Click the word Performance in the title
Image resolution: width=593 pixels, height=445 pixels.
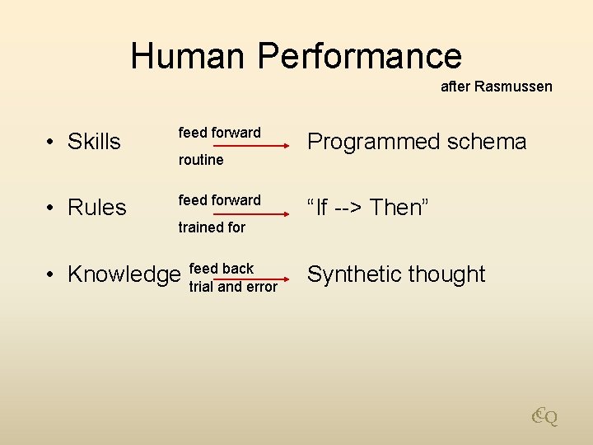359,56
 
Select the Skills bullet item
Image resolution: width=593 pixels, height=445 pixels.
93,142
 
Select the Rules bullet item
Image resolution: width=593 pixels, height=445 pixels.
96,208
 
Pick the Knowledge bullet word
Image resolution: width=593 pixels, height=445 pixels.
124,274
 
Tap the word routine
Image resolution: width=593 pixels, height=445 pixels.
201,160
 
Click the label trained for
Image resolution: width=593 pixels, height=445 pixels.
212,227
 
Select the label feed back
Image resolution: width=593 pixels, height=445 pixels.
222,269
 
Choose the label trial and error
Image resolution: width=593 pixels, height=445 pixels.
233,288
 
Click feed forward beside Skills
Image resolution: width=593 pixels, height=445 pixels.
219,133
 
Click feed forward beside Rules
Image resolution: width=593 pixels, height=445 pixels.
219,200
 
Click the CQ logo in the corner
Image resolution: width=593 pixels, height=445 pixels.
544,417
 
